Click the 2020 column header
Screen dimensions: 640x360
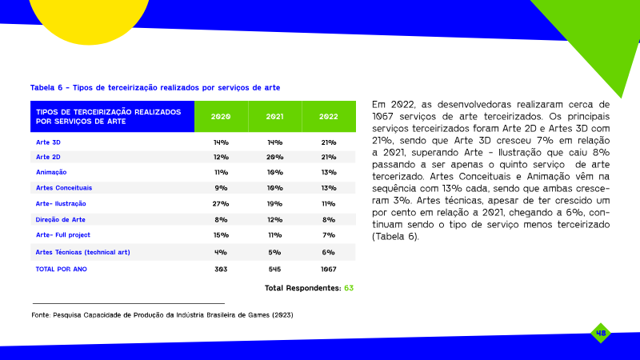click(221, 117)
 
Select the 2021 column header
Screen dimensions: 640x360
click(274, 117)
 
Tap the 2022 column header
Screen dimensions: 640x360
click(329, 117)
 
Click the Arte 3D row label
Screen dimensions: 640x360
click(48, 142)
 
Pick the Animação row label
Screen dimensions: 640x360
click(51, 172)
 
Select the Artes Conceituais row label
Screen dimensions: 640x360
click(64, 188)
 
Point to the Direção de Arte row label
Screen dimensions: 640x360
click(61, 219)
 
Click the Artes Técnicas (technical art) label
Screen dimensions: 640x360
click(83, 252)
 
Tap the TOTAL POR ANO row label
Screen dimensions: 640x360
click(62, 269)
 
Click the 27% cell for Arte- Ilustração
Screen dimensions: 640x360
click(221, 204)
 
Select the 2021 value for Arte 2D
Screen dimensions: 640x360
click(274, 157)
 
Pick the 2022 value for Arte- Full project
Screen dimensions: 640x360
click(329, 235)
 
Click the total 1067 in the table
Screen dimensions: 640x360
click(329, 270)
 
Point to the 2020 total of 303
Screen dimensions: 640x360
click(221, 270)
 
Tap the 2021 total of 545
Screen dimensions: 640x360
click(274, 270)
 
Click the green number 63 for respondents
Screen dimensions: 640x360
click(349, 288)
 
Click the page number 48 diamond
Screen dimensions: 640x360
click(601, 333)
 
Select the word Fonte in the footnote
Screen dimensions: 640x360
click(42, 315)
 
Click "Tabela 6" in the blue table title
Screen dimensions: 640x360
click(46, 88)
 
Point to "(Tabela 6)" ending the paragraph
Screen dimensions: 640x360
click(395, 237)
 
